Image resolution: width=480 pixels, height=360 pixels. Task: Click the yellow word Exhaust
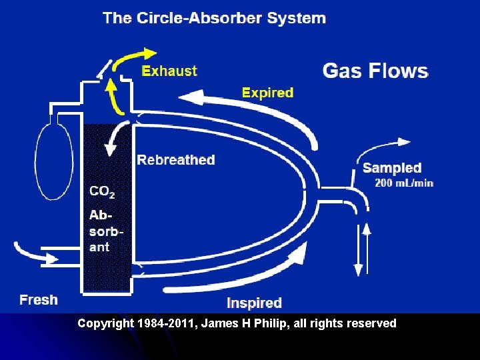169,71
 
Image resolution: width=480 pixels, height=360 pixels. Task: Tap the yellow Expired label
267,93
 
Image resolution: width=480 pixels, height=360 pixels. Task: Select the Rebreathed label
176,160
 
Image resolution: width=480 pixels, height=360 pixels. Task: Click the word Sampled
392,168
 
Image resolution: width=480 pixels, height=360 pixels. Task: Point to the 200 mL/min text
404,183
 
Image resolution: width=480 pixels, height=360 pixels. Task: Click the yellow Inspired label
254,303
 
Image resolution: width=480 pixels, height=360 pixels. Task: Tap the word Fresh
39,300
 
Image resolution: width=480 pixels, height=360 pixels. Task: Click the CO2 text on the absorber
102,192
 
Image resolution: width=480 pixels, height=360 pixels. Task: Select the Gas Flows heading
375,71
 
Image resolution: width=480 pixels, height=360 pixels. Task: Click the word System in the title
297,18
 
